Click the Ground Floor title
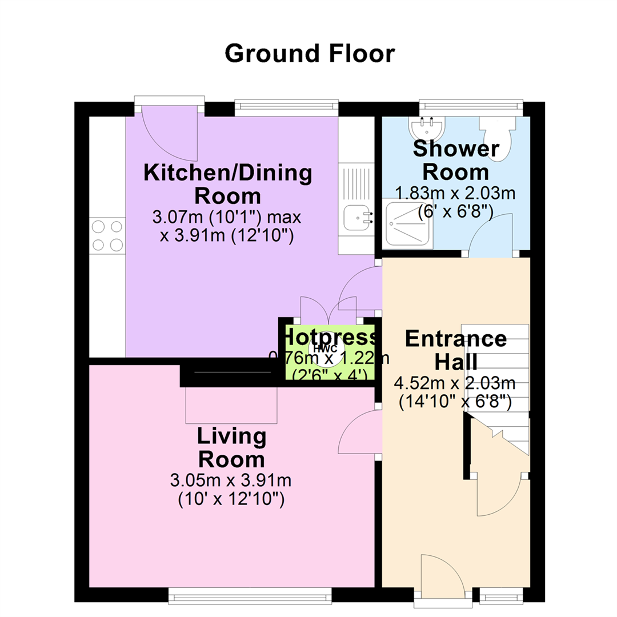(x=310, y=54)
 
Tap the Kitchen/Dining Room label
(x=228, y=184)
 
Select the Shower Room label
(x=456, y=160)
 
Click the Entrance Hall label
(x=456, y=350)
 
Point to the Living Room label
(x=232, y=447)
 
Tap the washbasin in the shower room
(x=427, y=127)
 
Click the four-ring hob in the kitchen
(x=107, y=236)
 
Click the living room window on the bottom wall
(x=250, y=595)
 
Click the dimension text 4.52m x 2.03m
(x=455, y=383)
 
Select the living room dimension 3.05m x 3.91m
(x=231, y=480)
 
